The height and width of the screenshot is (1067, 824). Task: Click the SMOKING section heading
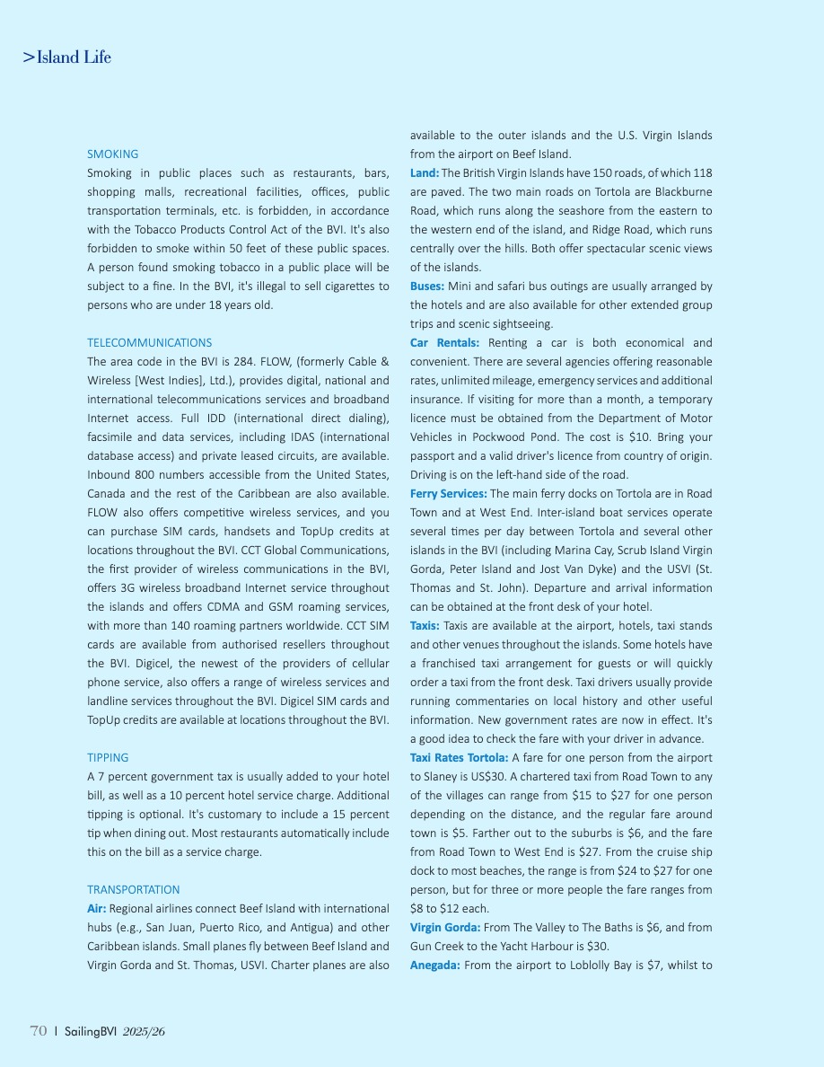[112, 154]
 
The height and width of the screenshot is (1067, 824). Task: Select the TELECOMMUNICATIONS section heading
[149, 343]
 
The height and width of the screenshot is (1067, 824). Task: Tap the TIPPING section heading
[108, 757]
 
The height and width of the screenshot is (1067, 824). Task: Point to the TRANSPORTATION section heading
[133, 889]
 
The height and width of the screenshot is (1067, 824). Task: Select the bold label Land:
[425, 173]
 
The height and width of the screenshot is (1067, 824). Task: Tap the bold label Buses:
[427, 287]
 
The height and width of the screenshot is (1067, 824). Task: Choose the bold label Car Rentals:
[444, 343]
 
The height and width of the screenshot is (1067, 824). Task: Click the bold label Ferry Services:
[449, 494]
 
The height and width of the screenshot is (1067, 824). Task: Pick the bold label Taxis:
[425, 626]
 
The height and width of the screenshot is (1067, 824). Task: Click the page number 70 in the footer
[38, 1032]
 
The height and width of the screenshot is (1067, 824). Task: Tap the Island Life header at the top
[67, 57]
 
